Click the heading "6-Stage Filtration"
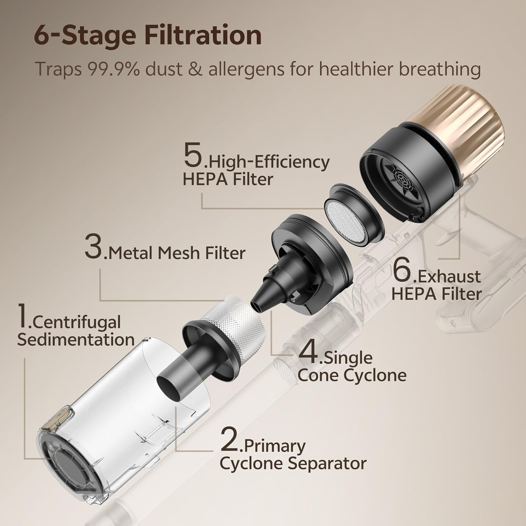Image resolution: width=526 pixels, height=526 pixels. tap(148, 35)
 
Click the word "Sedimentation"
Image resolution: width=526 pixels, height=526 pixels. tap(76, 339)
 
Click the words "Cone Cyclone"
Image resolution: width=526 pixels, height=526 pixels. tap(352, 375)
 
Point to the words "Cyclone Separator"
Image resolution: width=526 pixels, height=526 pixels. tap(293, 464)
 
